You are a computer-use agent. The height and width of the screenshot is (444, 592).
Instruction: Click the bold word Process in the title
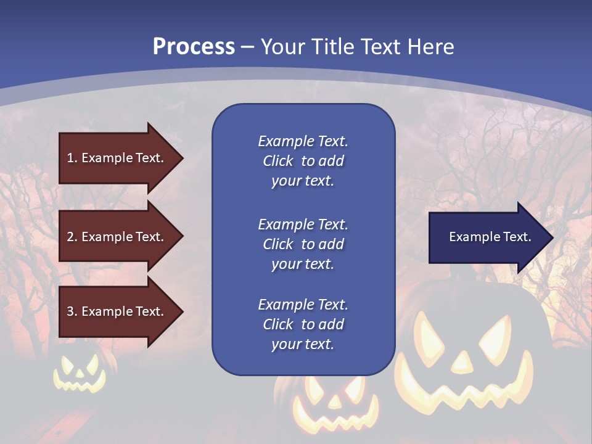pos(194,47)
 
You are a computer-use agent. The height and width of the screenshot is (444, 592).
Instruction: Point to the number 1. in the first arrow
pos(72,158)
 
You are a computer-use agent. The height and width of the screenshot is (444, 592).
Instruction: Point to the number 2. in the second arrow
pos(72,237)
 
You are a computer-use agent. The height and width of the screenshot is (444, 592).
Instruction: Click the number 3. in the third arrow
pos(72,311)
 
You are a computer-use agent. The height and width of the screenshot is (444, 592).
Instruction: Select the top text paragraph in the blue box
pos(303,161)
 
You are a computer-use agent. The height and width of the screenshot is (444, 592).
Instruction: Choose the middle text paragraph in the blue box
pos(303,244)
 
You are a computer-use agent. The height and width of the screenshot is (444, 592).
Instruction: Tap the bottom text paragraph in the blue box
pos(303,324)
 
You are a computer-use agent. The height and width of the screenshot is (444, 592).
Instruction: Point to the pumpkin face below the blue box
pos(327,404)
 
